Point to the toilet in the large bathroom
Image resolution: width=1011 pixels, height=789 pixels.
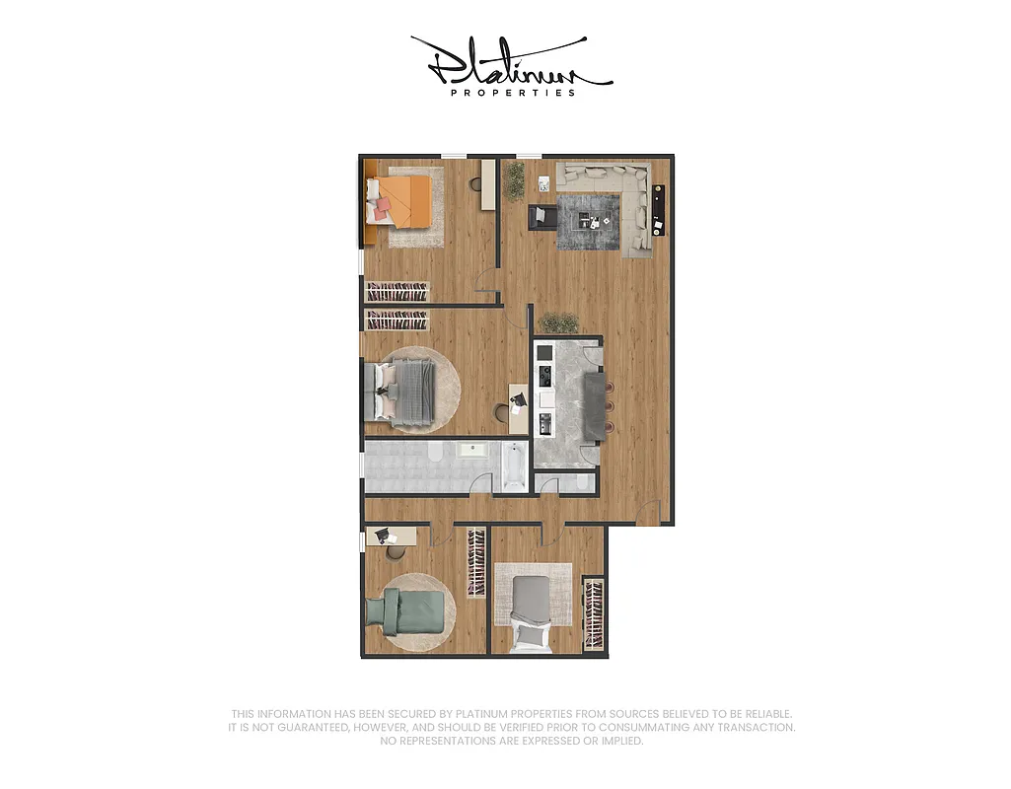(435, 454)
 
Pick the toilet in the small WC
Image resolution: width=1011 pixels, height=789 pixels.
(583, 482)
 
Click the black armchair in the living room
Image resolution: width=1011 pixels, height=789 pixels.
(542, 216)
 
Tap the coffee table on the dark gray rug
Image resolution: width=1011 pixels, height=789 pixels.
(591, 219)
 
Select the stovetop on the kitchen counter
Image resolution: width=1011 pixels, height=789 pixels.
(543, 375)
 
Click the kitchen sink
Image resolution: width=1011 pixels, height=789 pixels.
(544, 425)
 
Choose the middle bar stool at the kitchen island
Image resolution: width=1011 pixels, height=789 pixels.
(609, 405)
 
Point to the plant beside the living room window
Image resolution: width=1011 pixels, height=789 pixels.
(514, 180)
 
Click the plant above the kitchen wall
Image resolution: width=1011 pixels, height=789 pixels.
(559, 323)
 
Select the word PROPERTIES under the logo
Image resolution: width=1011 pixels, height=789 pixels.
(512, 93)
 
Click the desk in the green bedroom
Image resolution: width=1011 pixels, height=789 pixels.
(392, 537)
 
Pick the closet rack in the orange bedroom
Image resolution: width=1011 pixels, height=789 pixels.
(398, 292)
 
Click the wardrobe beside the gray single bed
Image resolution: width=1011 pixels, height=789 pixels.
(594, 613)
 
